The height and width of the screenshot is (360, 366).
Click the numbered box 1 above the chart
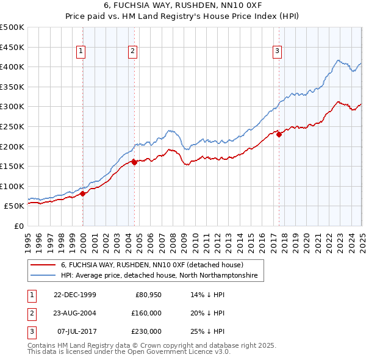(82, 51)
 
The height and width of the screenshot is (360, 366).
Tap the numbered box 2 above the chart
(132, 51)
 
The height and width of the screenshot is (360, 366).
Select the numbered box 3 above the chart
(277, 51)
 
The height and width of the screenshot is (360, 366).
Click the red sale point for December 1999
(84, 194)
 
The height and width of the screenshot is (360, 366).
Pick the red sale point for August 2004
(134, 162)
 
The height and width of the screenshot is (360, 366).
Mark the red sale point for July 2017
(279, 135)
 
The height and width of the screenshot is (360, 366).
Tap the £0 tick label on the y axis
(18, 226)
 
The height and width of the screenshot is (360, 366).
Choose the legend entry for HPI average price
(159, 276)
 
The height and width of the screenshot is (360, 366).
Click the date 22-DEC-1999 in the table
(75, 295)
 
